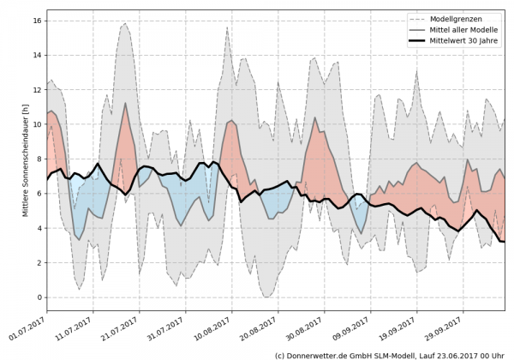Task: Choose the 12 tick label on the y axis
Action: (39, 89)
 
